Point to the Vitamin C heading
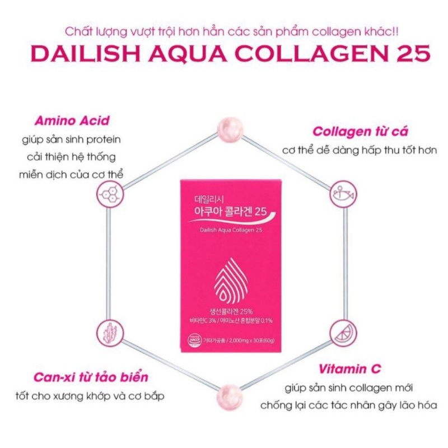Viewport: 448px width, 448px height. [x=350, y=368]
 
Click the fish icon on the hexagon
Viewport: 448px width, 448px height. [x=340, y=192]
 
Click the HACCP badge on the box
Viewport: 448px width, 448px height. [x=191, y=339]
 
